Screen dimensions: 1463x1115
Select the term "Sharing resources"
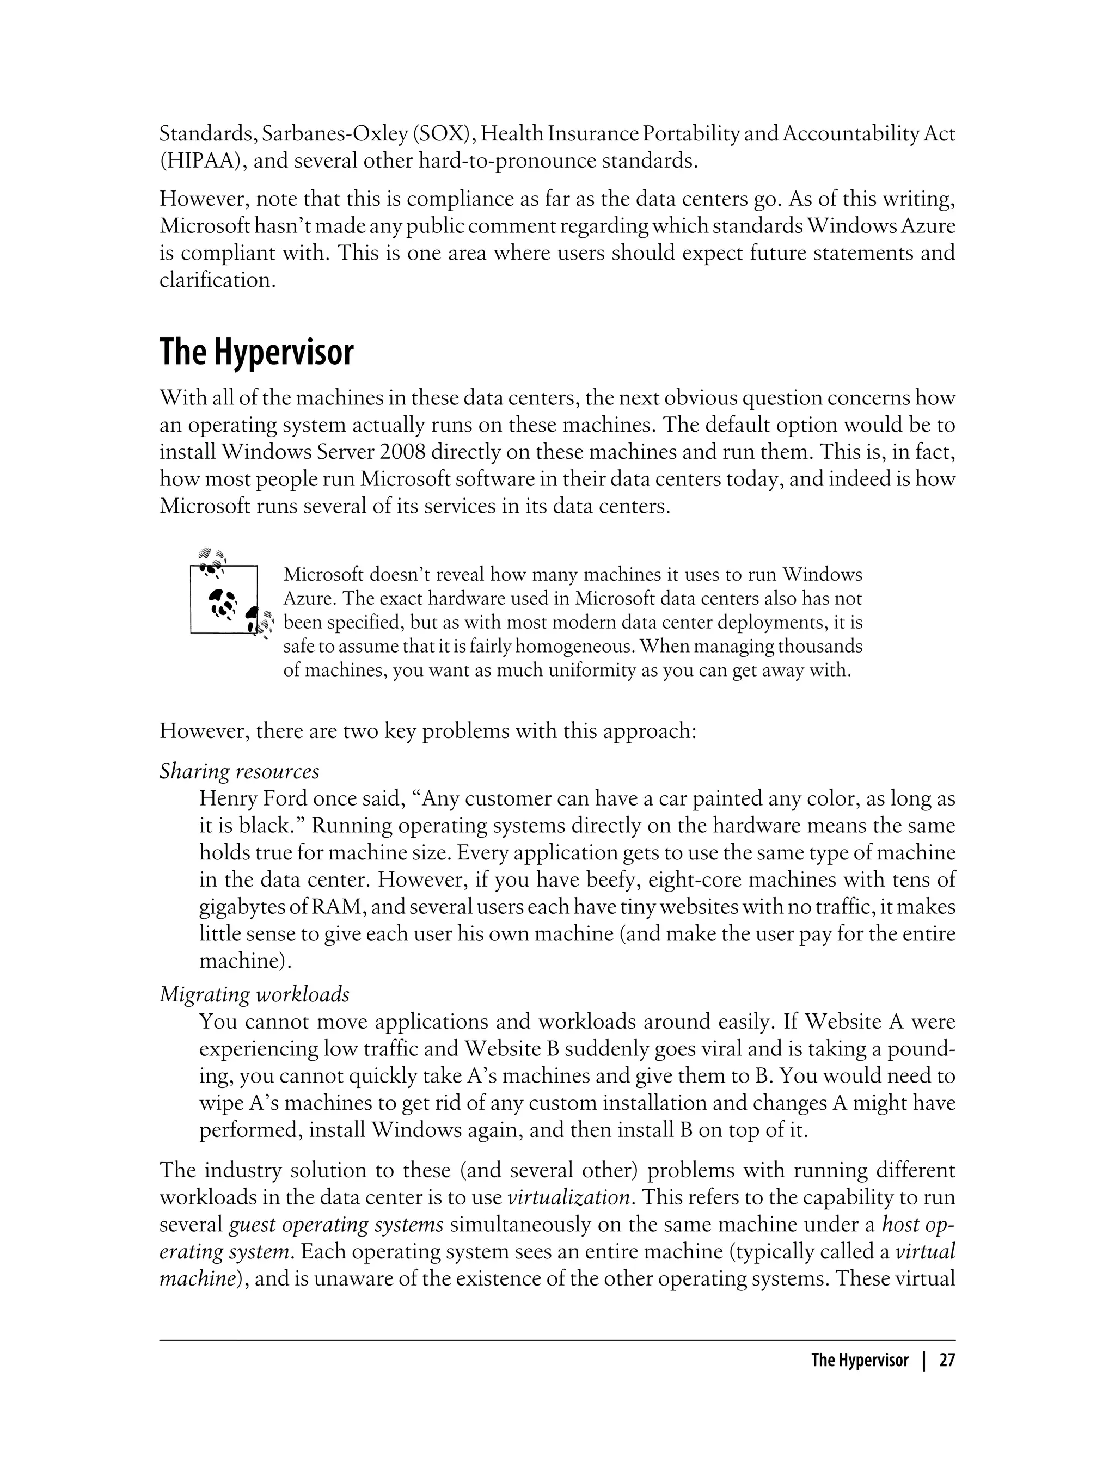[239, 771]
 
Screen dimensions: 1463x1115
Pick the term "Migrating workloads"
[254, 994]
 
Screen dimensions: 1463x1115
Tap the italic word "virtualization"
[568, 1197]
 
